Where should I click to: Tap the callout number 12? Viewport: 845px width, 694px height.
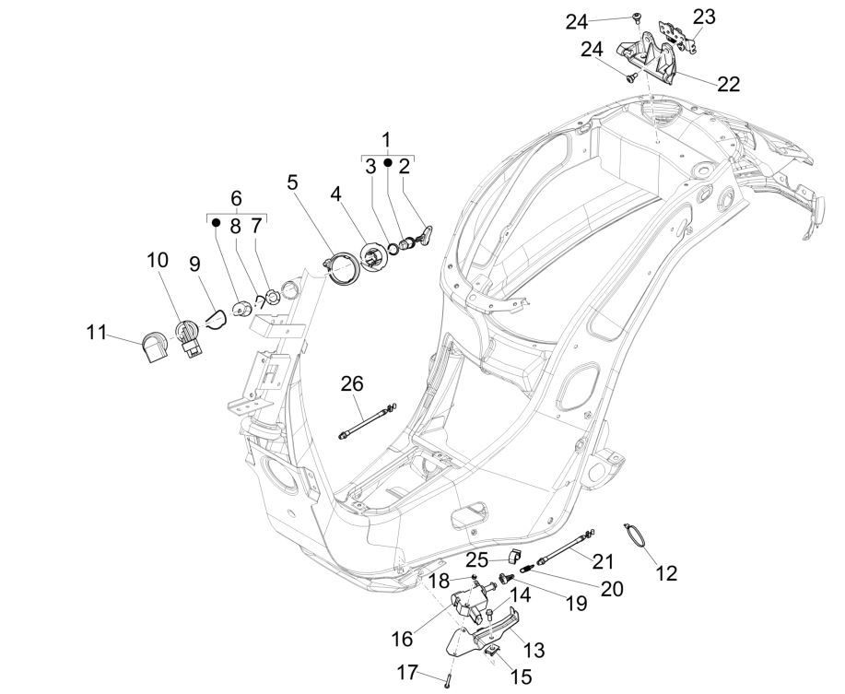point(665,573)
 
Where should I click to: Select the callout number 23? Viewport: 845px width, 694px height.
point(704,17)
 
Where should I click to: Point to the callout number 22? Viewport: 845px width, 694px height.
point(728,84)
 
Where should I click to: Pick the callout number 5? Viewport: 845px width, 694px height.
point(292,182)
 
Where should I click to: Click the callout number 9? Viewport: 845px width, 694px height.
point(194,264)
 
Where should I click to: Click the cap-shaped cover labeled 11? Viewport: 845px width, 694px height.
point(154,348)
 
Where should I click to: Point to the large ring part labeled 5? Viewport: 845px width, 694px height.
point(346,270)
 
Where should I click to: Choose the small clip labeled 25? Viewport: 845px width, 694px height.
point(514,555)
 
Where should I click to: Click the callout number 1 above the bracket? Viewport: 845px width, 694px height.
point(386,141)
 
